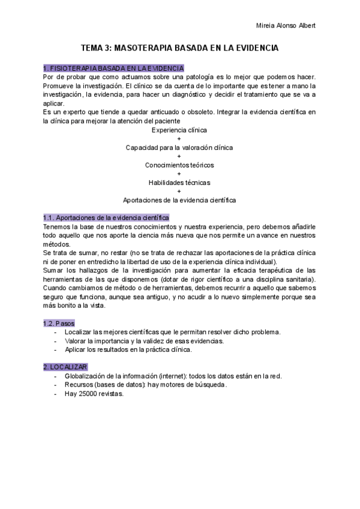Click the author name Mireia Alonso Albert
click(x=285, y=25)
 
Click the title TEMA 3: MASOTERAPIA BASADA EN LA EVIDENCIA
click(x=179, y=47)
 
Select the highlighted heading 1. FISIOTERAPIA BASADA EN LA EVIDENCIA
click(x=113, y=68)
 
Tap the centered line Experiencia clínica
click(x=179, y=130)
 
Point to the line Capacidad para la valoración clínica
click(x=179, y=147)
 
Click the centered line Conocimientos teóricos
click(x=179, y=164)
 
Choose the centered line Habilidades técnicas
click(x=179, y=182)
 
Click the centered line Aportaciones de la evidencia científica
click(x=179, y=199)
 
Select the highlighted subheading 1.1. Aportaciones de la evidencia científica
click(x=106, y=217)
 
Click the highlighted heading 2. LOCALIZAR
click(x=65, y=367)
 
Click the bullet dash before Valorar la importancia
click(x=55, y=341)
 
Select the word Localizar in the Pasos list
click(x=78, y=332)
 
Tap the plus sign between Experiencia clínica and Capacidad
click(x=179, y=139)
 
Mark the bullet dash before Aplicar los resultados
click(x=55, y=349)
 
